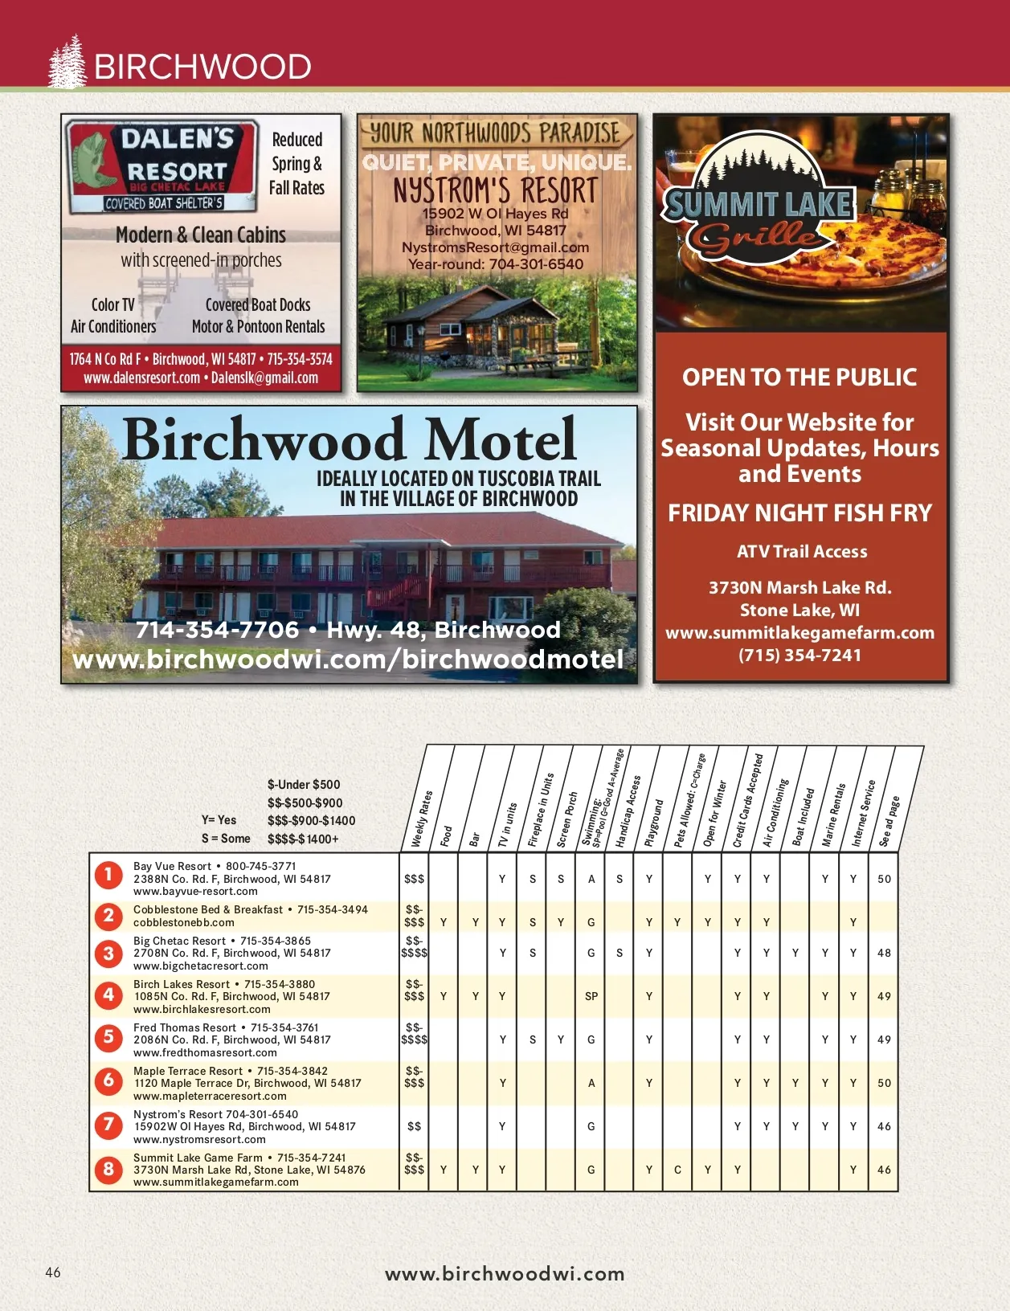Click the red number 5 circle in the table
pos(108,1038)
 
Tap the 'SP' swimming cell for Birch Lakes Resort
pos(591,996)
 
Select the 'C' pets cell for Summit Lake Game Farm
pos(677,1170)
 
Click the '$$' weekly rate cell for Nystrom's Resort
pos(415,1126)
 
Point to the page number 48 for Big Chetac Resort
pos(884,953)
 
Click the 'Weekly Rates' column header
pos(423,818)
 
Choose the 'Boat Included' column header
pos(804,816)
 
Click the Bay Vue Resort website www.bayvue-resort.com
pos(195,891)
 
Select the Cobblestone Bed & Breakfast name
pos(208,909)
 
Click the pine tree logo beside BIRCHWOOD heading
pos(67,63)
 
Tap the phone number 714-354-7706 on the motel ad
pos(217,630)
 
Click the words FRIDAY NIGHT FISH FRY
pos(799,513)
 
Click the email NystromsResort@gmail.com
pos(495,247)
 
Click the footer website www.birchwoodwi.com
pos(505,1273)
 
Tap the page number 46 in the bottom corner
pos(53,1272)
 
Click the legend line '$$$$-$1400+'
pos(303,839)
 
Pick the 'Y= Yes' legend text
pos(219,820)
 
